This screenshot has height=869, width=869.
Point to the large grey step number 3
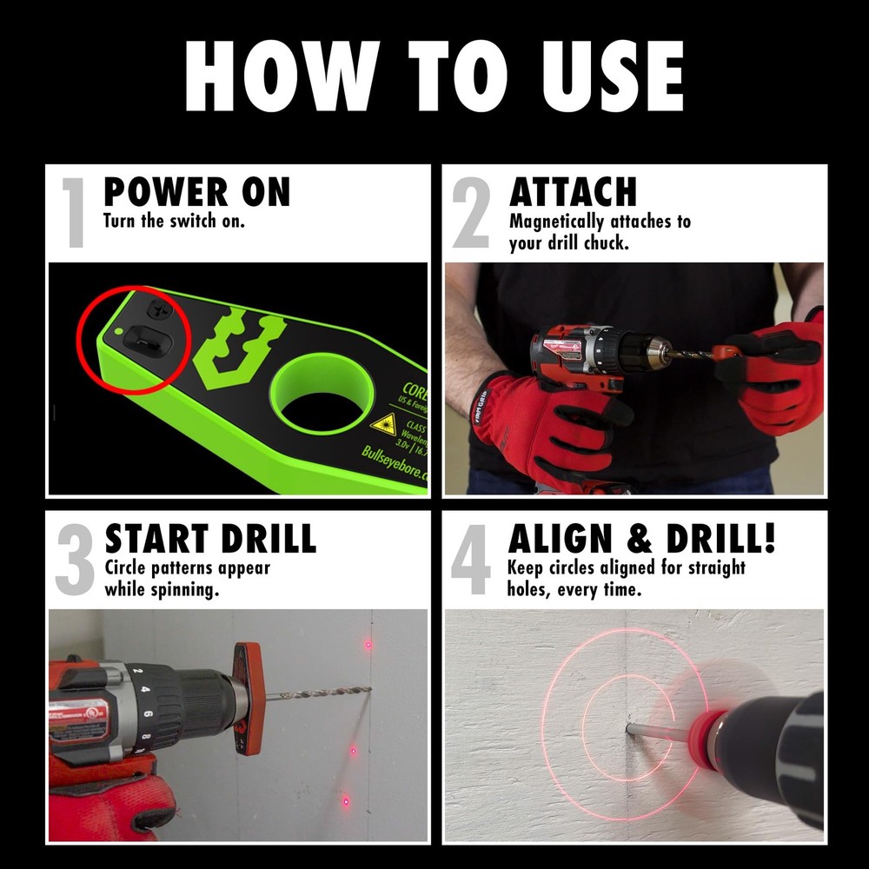coord(75,560)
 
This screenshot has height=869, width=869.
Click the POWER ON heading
coord(196,192)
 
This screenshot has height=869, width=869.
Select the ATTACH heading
coord(573,192)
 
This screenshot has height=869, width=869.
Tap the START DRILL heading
coord(210,539)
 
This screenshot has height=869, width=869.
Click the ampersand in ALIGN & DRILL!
coord(639,539)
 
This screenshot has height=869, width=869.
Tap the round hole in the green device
coord(317,394)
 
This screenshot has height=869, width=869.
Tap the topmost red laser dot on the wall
coord(368,644)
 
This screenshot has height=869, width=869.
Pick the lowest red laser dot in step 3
coord(345,800)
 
